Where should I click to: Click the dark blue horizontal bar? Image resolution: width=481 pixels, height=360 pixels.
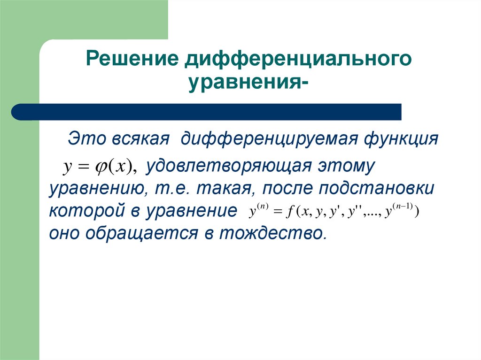(207, 112)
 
